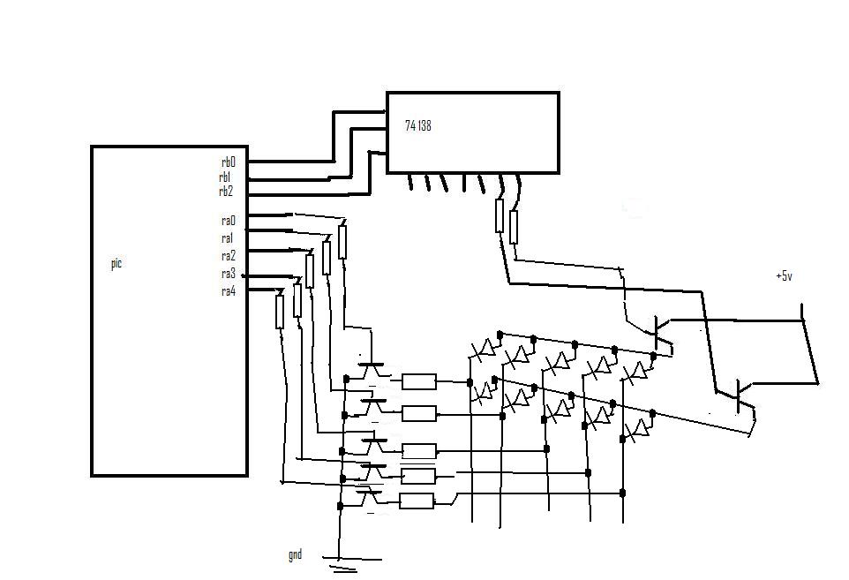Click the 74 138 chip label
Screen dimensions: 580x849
point(417,126)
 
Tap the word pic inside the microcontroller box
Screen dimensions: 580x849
point(116,263)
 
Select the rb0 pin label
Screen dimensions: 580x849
point(229,162)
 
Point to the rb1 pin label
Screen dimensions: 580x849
point(225,177)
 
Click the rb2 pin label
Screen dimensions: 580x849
point(226,192)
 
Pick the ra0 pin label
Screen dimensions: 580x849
point(229,221)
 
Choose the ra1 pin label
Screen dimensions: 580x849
point(227,238)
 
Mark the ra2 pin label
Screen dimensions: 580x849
point(229,256)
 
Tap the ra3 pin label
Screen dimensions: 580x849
point(229,274)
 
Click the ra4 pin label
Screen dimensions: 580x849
point(229,291)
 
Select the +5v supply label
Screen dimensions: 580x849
point(784,276)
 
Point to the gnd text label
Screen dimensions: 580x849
point(295,555)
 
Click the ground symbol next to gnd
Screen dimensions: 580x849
point(342,562)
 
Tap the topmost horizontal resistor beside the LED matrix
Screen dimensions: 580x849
point(418,381)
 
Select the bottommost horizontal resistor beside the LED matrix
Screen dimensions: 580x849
point(417,501)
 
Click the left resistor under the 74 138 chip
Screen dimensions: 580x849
point(500,215)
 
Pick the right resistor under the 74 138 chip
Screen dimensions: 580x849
point(514,227)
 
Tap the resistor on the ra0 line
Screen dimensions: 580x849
point(342,242)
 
